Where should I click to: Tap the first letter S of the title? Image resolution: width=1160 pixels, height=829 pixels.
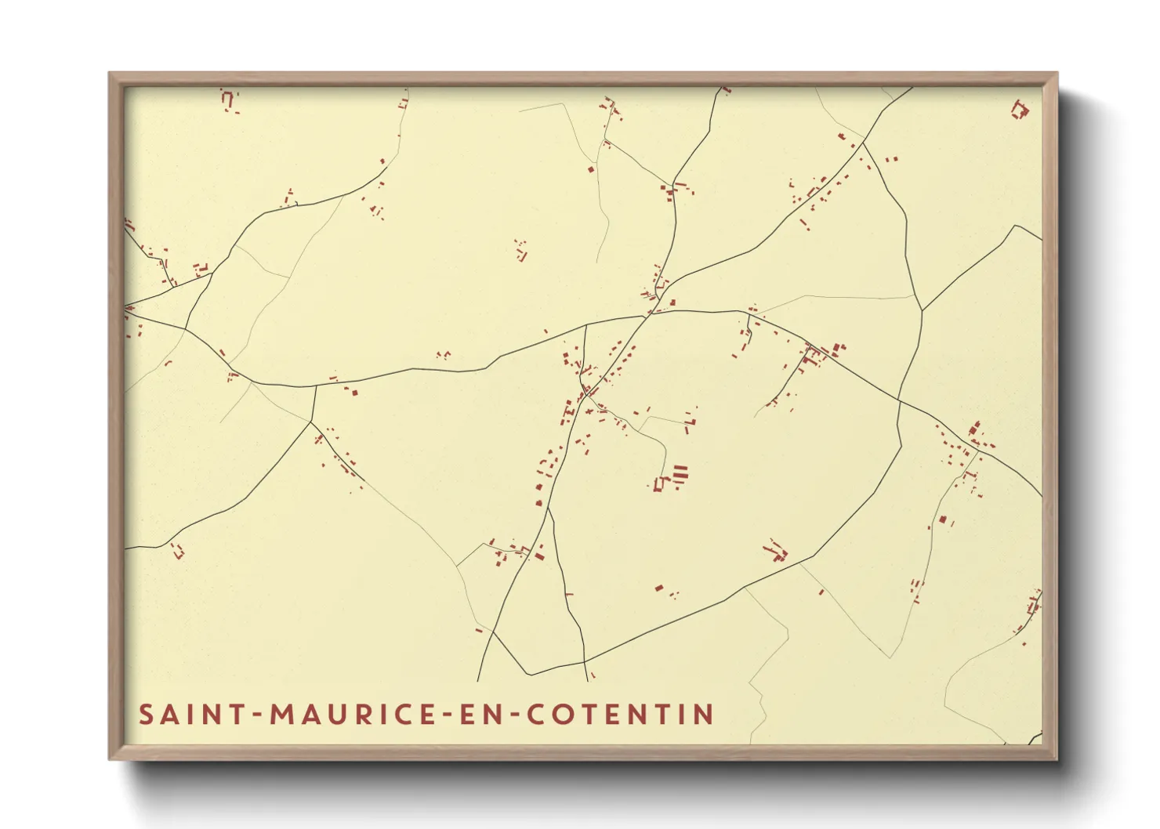click(x=146, y=715)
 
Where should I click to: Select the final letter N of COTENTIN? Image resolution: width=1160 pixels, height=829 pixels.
click(x=704, y=715)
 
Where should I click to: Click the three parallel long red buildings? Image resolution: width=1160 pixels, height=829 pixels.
click(x=680, y=475)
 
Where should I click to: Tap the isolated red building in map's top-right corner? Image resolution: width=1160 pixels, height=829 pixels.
click(x=1019, y=110)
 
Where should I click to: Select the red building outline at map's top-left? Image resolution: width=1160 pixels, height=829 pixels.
click(x=229, y=100)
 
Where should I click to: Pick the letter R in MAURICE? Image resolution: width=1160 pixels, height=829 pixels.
click(x=366, y=715)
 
